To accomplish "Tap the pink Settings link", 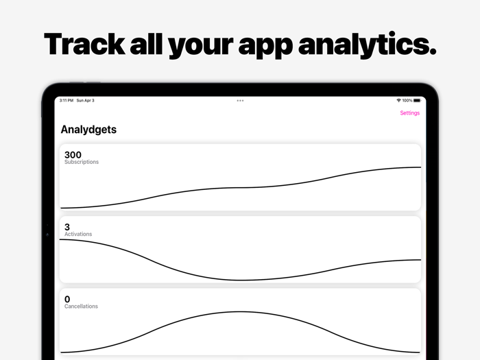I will (409, 113).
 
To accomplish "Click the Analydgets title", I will (88, 129).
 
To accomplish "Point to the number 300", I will (73, 155).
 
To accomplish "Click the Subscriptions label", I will (82, 163).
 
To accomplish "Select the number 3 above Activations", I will (67, 227).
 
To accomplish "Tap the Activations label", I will (78, 235).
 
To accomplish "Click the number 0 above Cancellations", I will (67, 299).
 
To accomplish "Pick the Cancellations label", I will (81, 307).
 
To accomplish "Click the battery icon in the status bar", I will (417, 101).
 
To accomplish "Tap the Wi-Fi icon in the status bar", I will (398, 101).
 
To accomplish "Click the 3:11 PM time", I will (67, 101).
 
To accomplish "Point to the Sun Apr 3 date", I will (86, 101).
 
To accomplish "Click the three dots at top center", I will (240, 101).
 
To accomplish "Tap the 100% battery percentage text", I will (407, 101).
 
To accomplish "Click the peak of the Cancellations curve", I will (240, 312).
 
